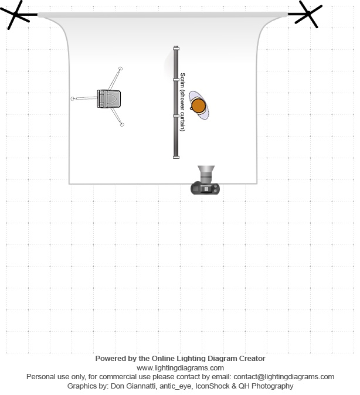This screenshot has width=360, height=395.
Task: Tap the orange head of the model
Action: pyautogui.click(x=198, y=105)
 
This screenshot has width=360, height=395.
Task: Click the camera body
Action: pyautogui.click(x=205, y=188)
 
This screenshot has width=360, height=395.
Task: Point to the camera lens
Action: pyautogui.click(x=206, y=174)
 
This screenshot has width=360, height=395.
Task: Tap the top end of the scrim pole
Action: pyautogui.click(x=176, y=48)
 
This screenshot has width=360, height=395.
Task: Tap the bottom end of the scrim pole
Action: pyautogui.click(x=176, y=156)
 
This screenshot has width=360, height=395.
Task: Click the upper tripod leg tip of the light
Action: pyautogui.click(x=120, y=69)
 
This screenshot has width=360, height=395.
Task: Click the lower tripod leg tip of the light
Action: pyautogui.click(x=122, y=124)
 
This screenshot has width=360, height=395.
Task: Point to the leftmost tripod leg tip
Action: pyautogui.click(x=73, y=98)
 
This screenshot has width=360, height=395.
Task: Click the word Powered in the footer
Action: pyautogui.click(x=110, y=358)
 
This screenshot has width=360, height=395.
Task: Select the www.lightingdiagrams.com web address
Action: pyautogui.click(x=180, y=367)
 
